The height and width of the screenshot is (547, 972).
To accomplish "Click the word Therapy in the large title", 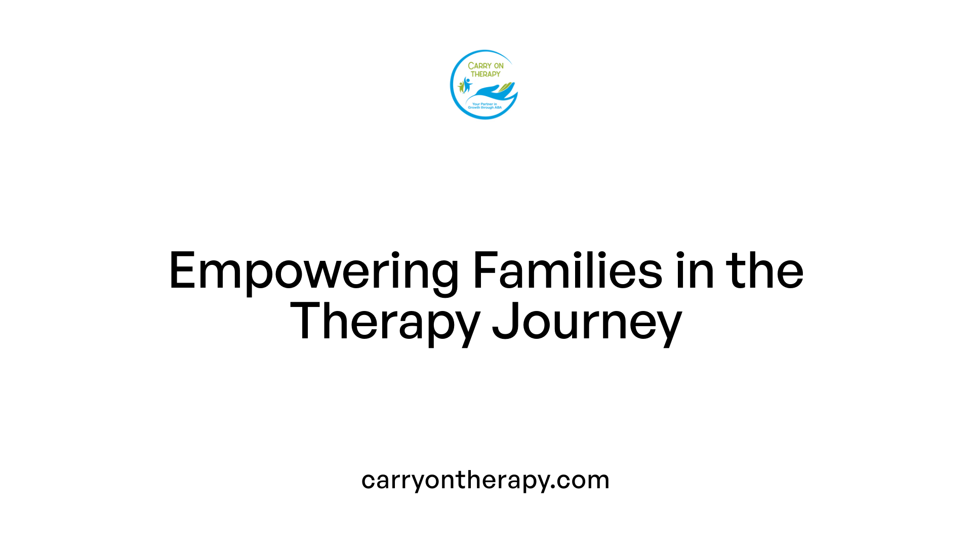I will coord(385,322).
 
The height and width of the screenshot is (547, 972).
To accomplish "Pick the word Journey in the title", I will coord(587,322).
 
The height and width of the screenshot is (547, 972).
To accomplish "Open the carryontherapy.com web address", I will coord(485,480).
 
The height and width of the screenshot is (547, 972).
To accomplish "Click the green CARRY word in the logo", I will coord(478,66).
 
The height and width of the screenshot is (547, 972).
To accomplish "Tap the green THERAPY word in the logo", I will coord(485,74).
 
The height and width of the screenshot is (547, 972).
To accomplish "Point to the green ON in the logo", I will coord(499,66).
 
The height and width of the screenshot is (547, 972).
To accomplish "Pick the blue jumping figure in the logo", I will coord(467,84).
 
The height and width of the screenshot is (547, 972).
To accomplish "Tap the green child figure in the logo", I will coord(461,87).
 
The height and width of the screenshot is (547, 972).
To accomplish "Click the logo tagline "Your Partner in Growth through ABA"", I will coord(484,106).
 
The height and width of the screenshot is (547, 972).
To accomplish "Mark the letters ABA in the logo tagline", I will coord(498,107).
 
